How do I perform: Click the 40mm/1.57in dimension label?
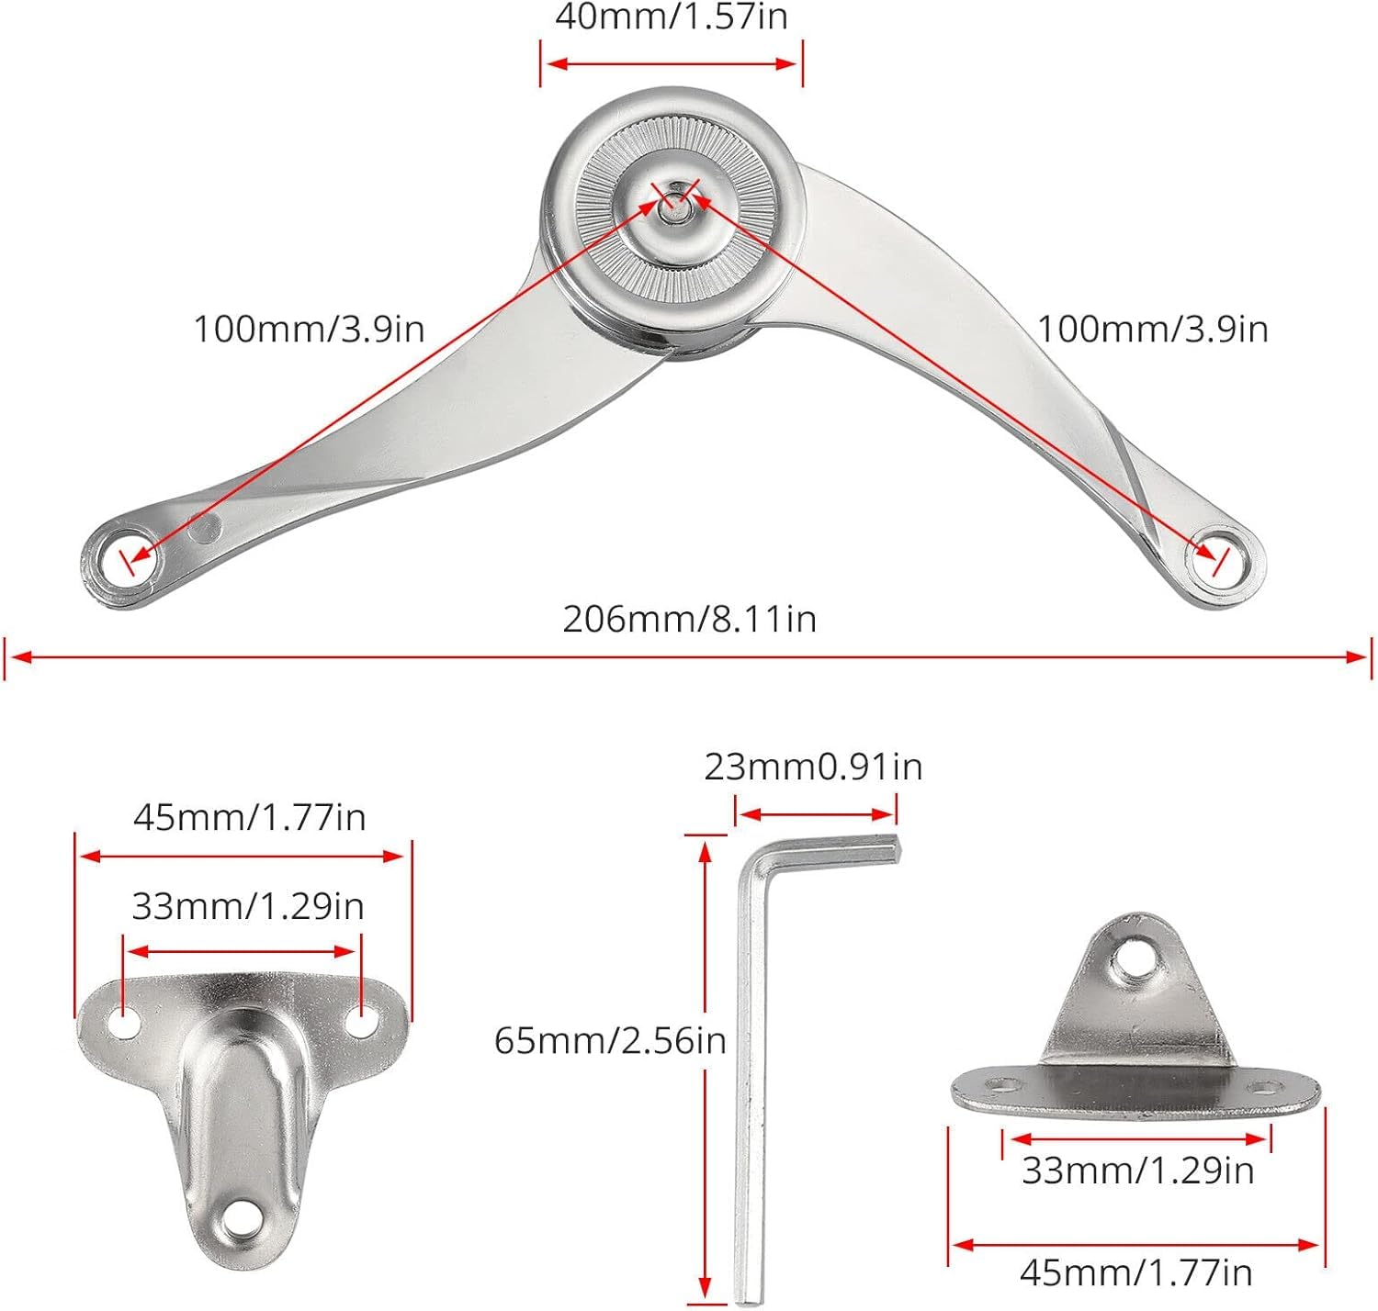672,17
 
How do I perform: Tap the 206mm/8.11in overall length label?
690,620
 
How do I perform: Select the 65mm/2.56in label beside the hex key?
611,1040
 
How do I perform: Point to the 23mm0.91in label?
813,767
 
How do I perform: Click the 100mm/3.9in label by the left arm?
309,330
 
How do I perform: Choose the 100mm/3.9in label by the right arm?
1153,330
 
